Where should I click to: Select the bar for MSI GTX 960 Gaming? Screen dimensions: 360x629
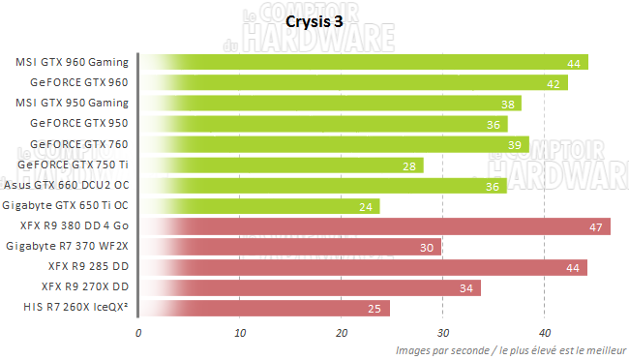363,63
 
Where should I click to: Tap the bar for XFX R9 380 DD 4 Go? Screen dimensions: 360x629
374,226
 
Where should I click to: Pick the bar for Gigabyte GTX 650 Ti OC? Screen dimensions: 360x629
259,206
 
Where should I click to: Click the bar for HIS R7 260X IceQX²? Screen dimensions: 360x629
264,309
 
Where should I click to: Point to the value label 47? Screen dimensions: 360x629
596,227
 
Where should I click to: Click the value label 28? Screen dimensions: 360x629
408,165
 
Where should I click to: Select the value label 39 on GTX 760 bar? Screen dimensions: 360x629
515,145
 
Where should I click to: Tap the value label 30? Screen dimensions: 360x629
427,248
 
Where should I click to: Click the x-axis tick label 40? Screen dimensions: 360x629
544,332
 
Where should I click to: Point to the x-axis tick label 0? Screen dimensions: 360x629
139,332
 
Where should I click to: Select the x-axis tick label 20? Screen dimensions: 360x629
342,332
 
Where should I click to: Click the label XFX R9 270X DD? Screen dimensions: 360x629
85,287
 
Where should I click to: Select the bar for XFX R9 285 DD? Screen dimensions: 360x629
363,267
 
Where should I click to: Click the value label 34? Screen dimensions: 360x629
466,288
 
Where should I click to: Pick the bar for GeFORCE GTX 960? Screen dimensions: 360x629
353,83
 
